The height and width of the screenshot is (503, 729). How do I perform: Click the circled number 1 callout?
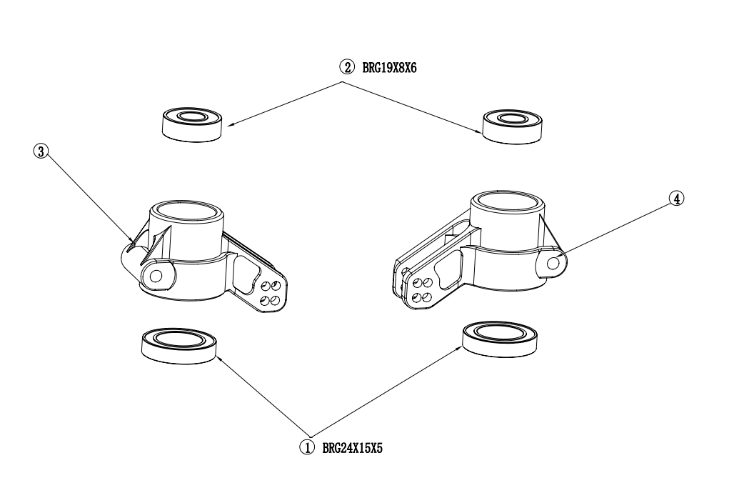point(306,448)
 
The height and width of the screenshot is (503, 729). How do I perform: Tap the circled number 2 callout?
point(346,67)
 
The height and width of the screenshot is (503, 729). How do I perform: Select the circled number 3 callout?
point(41,151)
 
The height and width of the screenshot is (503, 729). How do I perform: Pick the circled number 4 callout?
point(676,199)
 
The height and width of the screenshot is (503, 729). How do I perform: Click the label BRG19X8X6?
point(390,68)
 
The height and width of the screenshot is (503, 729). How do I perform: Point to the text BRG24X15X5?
point(353,449)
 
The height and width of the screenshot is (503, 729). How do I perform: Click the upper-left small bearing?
point(191,124)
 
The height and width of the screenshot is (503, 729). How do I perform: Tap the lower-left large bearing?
point(179,346)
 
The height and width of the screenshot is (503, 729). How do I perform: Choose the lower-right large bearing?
point(501,339)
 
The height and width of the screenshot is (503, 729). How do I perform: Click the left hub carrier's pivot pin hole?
point(156,276)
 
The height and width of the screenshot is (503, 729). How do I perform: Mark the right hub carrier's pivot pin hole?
point(553,264)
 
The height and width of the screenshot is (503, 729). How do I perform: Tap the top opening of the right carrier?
point(508,201)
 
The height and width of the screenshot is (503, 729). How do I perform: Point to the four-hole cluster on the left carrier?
point(271,292)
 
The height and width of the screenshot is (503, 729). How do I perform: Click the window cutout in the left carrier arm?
point(248,275)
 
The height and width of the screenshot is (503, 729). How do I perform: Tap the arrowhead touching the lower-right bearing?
point(459,349)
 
